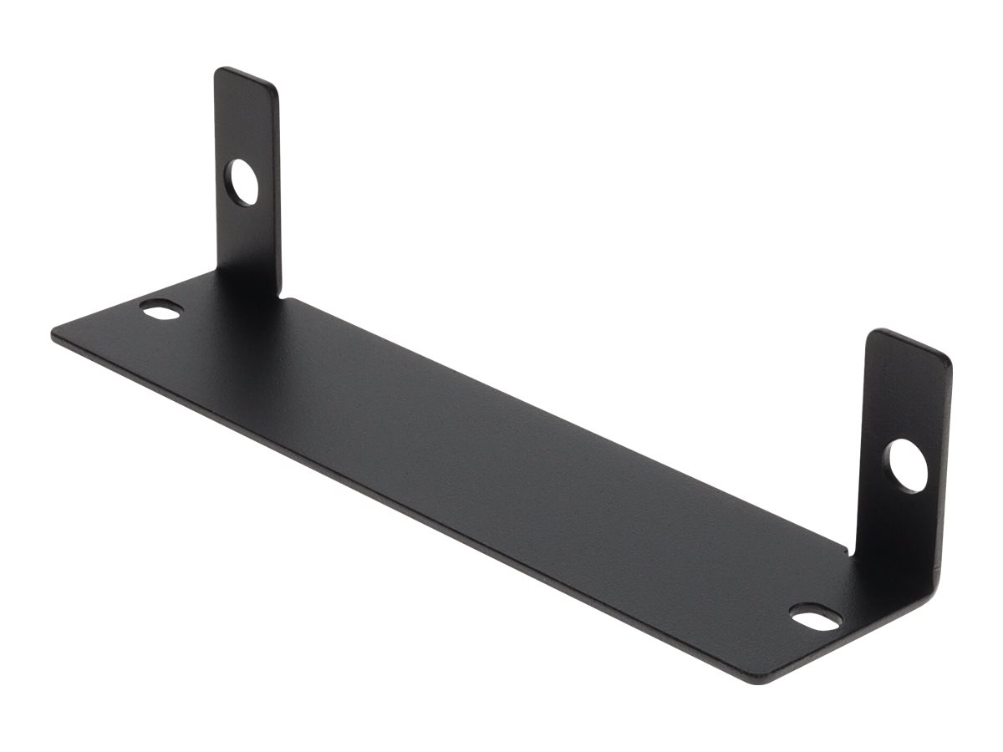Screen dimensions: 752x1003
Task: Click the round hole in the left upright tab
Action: pyautogui.click(x=243, y=183)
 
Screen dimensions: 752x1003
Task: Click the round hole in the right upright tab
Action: pyautogui.click(x=907, y=465)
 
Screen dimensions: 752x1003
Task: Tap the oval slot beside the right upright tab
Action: pyautogui.click(x=816, y=620)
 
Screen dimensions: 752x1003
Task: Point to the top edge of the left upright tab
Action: pyautogui.click(x=246, y=75)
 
